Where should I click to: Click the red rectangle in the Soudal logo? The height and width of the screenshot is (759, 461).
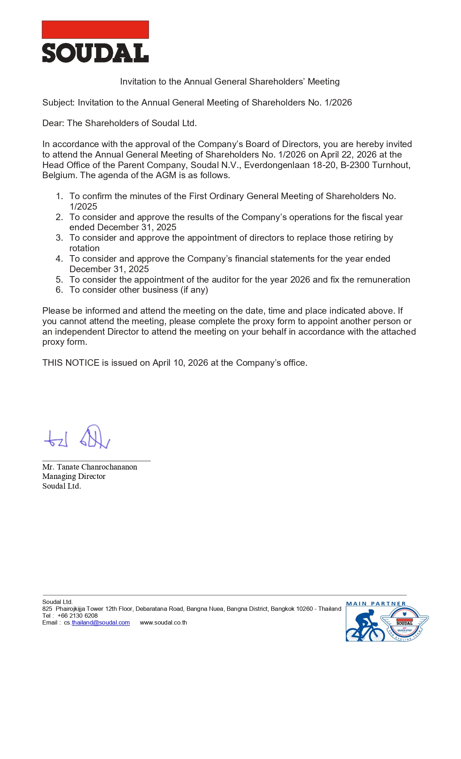pos(95,30)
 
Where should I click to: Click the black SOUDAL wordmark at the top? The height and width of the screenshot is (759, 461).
pos(95,53)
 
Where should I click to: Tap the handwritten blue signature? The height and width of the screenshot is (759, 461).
pos(77,437)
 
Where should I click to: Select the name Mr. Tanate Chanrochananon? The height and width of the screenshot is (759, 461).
pos(90,467)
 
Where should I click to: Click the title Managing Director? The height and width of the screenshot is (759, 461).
pos(74,476)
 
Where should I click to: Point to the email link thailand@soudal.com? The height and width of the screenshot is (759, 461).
pos(101,622)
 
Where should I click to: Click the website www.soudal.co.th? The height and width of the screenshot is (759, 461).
pos(163,622)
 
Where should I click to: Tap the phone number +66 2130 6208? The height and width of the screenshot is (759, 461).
pos(77,616)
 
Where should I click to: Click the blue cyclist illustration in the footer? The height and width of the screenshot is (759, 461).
pos(364,626)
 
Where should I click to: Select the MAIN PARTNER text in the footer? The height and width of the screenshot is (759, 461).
pos(376,604)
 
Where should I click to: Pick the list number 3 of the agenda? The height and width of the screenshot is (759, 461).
pos(59,238)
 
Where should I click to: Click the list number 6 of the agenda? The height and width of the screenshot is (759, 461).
pos(59,290)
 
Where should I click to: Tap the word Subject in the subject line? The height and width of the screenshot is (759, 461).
pos(58,103)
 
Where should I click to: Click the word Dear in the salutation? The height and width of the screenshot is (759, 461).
pos(53,123)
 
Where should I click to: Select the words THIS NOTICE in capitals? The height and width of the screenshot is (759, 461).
pos(71,363)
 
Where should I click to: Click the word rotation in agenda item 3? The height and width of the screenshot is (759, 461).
pos(84,248)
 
